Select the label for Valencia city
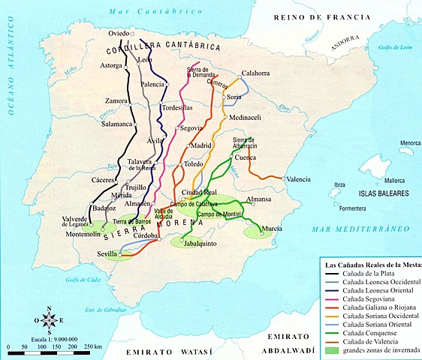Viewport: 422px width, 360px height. [x=298, y=178]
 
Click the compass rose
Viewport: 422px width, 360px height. [x=50, y=319]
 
